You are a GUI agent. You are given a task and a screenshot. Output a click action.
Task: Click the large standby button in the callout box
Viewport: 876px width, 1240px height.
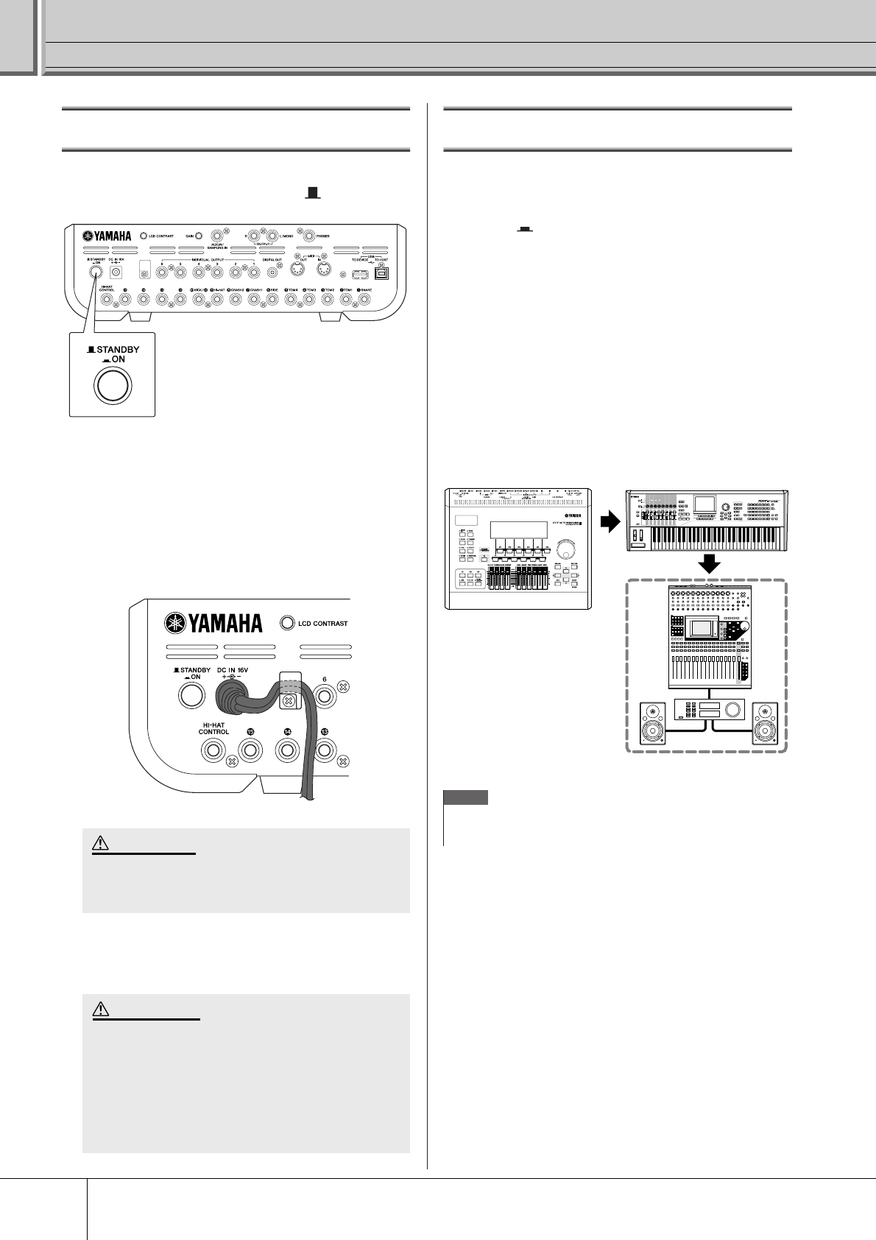coord(112,385)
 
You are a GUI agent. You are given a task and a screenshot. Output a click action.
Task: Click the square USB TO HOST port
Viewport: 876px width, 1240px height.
coord(381,273)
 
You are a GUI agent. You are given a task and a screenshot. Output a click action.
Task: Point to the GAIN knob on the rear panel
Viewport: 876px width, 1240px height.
coord(198,236)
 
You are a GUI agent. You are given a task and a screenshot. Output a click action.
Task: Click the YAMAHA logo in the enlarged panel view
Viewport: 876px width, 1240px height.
coord(213,623)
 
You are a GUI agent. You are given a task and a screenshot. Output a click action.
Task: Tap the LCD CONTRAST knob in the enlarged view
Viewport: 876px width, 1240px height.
coord(288,623)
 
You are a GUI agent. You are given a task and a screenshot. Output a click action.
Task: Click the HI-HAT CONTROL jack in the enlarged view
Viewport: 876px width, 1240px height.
coord(213,751)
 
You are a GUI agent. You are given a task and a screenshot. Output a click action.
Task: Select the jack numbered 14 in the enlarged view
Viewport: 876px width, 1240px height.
coord(286,751)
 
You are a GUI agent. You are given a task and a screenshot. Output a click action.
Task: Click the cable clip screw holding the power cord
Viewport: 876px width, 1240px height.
coord(289,700)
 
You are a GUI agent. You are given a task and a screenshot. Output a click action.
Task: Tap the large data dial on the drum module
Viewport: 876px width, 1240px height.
coord(566,550)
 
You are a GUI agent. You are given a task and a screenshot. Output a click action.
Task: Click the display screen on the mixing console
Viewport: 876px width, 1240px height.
coord(702,628)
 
